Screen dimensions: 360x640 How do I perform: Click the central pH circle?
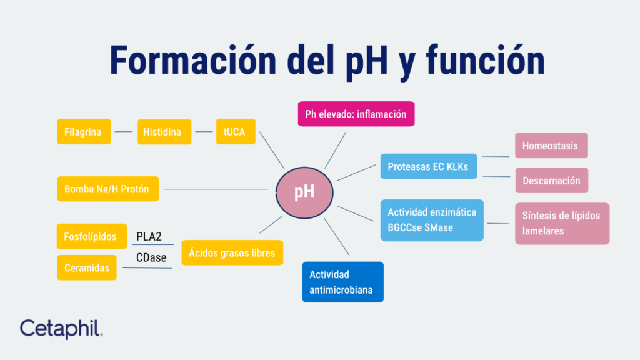click(x=304, y=191)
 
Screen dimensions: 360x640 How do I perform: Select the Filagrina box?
click(x=84, y=132)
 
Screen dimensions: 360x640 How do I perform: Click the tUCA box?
click(x=236, y=132)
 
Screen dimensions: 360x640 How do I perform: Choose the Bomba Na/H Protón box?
click(x=107, y=189)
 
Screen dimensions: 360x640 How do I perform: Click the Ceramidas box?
click(x=87, y=267)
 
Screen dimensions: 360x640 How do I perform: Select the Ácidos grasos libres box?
click(x=232, y=253)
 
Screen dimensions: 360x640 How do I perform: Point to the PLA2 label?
click(x=149, y=237)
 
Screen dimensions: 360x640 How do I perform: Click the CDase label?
click(x=151, y=257)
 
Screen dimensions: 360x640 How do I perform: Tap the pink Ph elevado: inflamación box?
click(x=356, y=114)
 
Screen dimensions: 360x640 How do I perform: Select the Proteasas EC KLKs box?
click(x=428, y=167)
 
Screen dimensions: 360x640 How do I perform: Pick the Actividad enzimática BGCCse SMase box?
click(x=432, y=220)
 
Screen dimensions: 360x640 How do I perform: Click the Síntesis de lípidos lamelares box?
click(x=561, y=223)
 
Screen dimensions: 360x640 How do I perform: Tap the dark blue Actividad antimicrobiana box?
click(x=342, y=282)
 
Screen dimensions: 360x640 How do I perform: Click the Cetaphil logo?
click(x=61, y=328)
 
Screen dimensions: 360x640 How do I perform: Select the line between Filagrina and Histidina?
click(x=124, y=132)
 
